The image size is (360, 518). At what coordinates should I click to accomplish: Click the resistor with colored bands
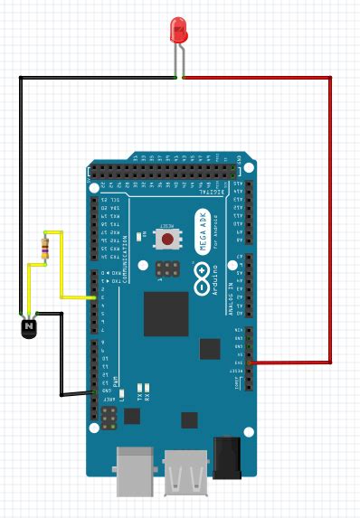[x=43, y=246]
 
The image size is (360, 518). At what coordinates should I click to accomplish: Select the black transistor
[x=30, y=325]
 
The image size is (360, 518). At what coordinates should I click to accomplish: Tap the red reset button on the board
[x=167, y=239]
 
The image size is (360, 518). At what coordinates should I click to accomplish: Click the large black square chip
[x=166, y=314]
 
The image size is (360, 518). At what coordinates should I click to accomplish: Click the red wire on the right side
[x=330, y=217]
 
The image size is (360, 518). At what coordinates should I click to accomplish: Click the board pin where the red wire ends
[x=250, y=362]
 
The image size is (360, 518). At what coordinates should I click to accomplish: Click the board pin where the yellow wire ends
[x=94, y=297]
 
